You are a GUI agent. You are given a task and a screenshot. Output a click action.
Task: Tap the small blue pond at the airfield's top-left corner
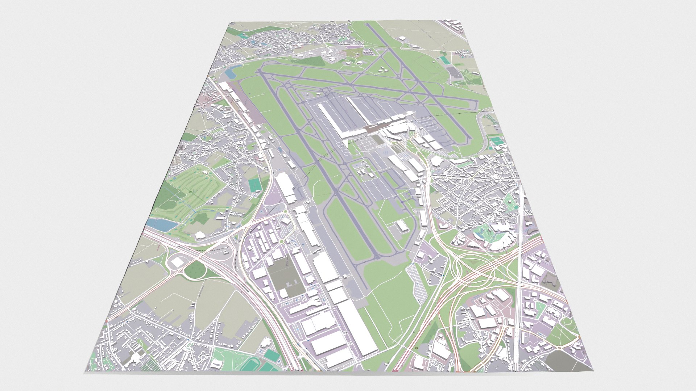point(229,74)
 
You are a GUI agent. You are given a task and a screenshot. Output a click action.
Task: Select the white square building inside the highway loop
point(177,262)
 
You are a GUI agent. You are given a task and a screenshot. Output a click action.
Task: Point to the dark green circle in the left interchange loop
point(195,270)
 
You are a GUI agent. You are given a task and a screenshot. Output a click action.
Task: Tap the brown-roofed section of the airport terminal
point(373,128)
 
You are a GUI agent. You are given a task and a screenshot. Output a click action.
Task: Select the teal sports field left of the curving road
point(255,185)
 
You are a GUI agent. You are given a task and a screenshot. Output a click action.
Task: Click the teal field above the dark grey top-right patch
point(444,59)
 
